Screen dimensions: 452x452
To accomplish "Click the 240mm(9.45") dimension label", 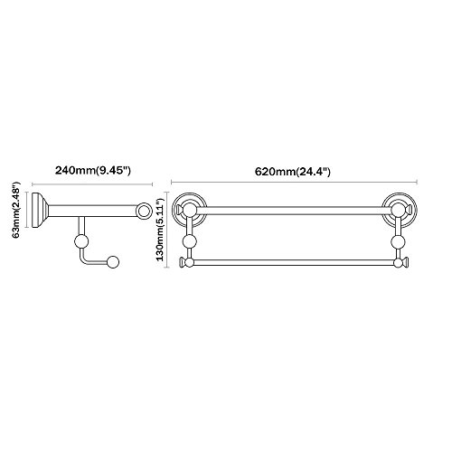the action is click(92, 171).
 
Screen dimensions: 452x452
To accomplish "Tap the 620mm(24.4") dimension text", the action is click(293, 172).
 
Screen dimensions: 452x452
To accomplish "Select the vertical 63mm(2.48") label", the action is click(16, 210).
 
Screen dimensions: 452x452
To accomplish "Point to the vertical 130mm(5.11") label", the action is click(160, 228).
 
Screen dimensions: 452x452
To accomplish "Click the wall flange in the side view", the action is click(38, 210).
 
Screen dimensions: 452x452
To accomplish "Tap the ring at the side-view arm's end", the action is click(143, 210).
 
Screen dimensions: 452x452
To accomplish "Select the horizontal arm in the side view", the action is click(92, 211).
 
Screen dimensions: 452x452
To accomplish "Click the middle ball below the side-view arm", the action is click(81, 241).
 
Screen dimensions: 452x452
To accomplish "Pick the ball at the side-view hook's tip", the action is click(113, 262).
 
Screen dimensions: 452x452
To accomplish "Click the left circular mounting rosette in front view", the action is click(189, 210).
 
